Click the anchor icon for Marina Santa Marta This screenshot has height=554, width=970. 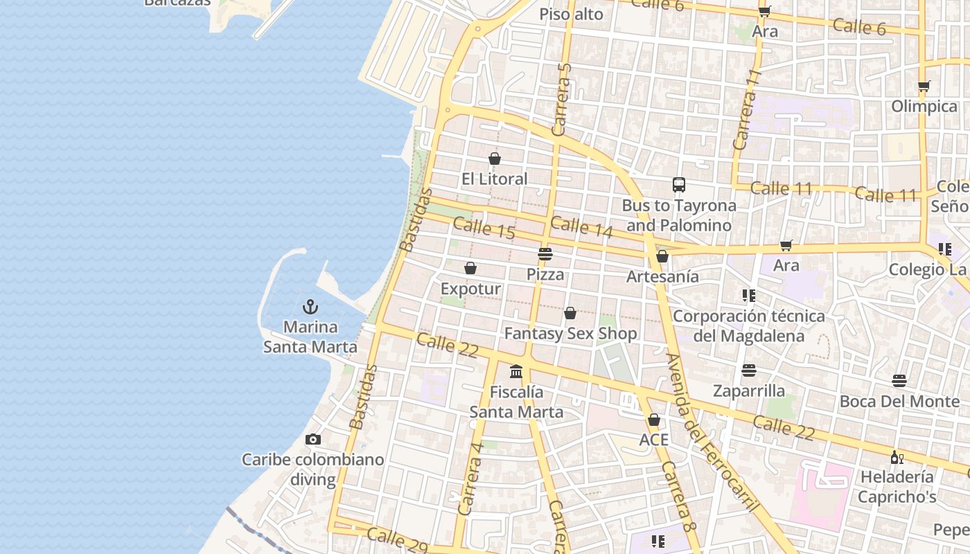pos(310,307)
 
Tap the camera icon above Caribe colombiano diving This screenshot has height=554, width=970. pos(313,439)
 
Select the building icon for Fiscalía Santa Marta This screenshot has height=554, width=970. pos(516,372)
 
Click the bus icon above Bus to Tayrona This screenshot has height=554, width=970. pos(679,185)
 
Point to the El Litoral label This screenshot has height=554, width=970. pos(495,179)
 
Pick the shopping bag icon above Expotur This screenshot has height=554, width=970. pos(470,268)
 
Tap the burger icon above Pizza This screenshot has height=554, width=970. pos(545,254)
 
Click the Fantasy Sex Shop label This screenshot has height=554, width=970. pos(570,334)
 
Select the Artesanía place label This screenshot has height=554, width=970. pos(662,276)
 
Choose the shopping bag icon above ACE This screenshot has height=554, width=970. pos(654,420)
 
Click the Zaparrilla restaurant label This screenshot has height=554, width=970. pos(749,391)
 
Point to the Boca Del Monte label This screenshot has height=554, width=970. pos(899,401)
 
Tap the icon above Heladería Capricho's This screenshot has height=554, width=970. pos(897,457)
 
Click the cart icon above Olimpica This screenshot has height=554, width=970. pos(924,87)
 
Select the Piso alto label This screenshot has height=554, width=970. pos(571,14)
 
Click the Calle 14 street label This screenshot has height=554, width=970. pos(582,227)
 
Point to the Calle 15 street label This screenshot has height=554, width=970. pos(484,229)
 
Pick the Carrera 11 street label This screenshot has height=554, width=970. pos(747,109)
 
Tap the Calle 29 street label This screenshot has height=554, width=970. pos(397,540)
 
